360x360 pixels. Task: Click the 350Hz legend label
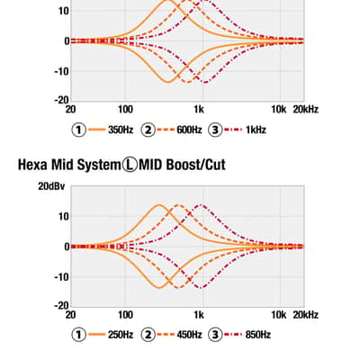click(121, 130)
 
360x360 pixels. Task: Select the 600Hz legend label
click(189, 130)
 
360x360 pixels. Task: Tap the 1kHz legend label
click(256, 130)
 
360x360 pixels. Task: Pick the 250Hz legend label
click(121, 335)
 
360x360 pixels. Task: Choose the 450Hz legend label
click(189, 335)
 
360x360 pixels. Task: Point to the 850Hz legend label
click(258, 335)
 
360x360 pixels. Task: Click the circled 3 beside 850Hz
click(215, 335)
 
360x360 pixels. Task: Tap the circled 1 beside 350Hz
click(79, 130)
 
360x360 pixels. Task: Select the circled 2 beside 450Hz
click(148, 335)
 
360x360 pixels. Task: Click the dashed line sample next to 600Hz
click(166, 130)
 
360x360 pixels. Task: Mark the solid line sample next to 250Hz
click(97, 335)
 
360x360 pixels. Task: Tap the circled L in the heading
click(130, 165)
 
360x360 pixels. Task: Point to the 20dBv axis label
click(51, 186)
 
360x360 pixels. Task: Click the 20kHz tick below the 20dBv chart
click(305, 315)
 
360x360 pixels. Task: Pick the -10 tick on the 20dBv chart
click(61, 277)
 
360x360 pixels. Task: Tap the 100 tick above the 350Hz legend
click(125, 109)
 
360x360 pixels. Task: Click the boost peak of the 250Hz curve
click(158, 204)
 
